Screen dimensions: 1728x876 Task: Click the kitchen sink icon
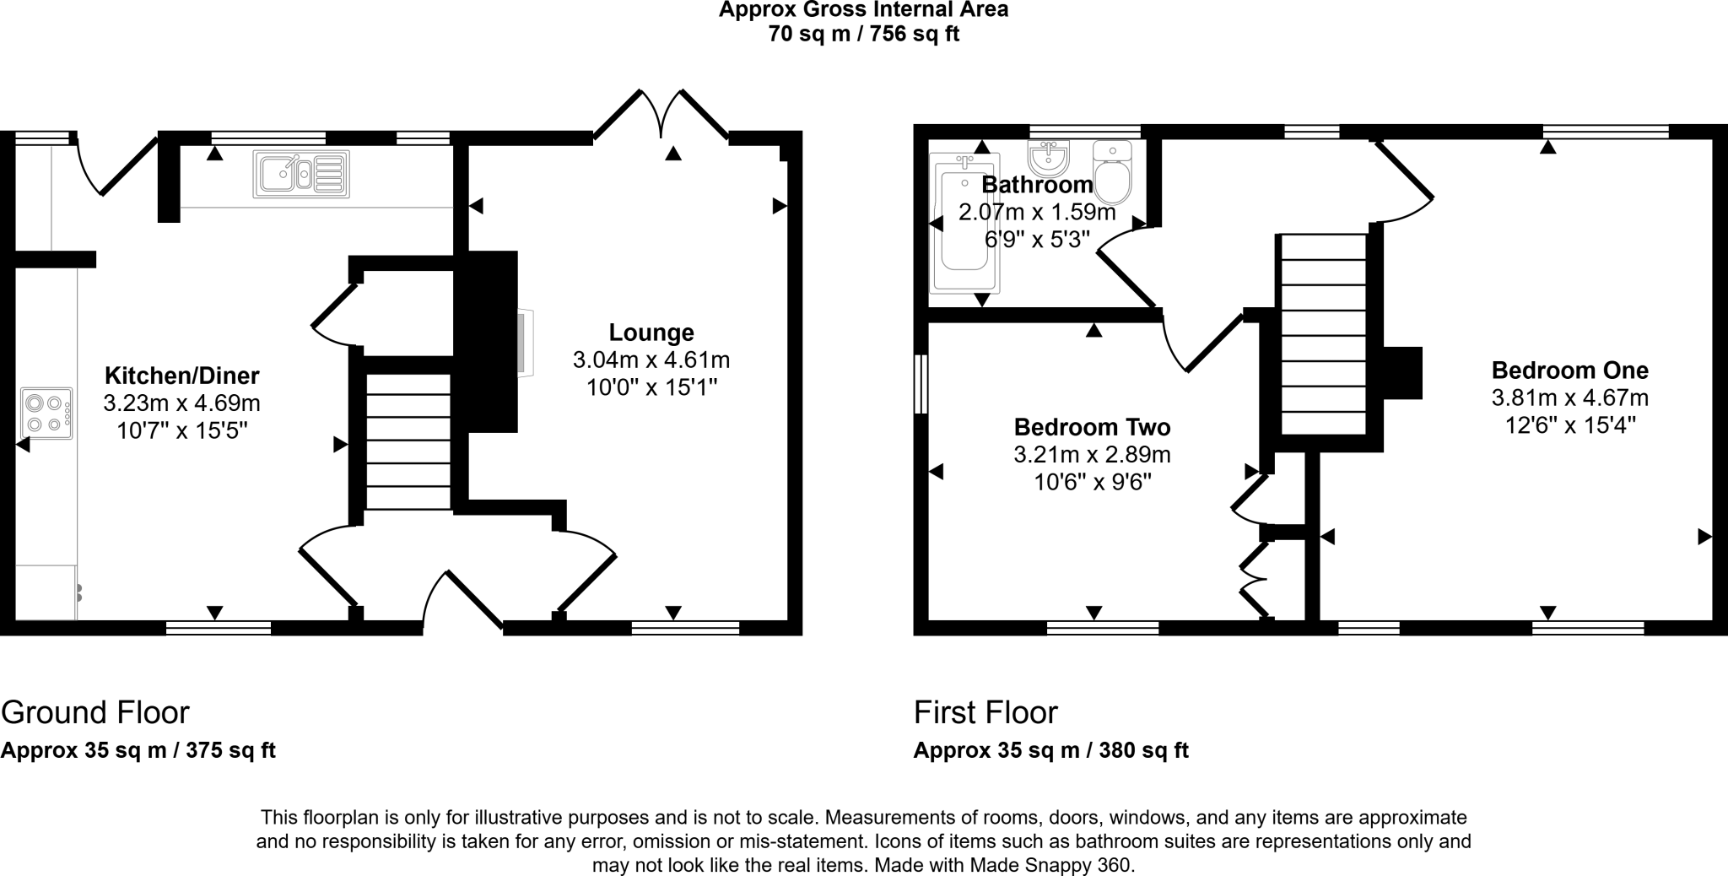pyautogui.click(x=301, y=175)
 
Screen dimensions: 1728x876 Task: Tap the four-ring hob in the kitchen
pyautogui.click(x=46, y=414)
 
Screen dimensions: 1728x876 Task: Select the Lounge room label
pyautogui.click(x=651, y=333)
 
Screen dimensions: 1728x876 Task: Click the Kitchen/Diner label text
pyautogui.click(x=181, y=376)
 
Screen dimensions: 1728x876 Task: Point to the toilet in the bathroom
pyautogui.click(x=1112, y=173)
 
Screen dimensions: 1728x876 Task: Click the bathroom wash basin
pyautogui.click(x=1049, y=157)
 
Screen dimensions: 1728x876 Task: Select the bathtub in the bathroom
pyautogui.click(x=964, y=223)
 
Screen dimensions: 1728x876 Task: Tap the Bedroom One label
pyautogui.click(x=1569, y=370)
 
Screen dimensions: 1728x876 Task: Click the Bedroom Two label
pyautogui.click(x=1092, y=427)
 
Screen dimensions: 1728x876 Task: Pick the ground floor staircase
pyautogui.click(x=408, y=441)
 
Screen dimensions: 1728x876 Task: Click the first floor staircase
pyautogui.click(x=1323, y=334)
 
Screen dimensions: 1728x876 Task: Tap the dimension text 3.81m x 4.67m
pyautogui.click(x=1570, y=397)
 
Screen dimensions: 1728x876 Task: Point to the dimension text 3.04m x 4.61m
pyautogui.click(x=651, y=360)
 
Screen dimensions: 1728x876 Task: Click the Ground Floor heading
pyautogui.click(x=95, y=712)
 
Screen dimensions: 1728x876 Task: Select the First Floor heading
pyautogui.click(x=985, y=713)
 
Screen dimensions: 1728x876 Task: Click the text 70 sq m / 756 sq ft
pyautogui.click(x=863, y=35)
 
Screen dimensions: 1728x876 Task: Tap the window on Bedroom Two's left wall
pyautogui.click(x=921, y=384)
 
